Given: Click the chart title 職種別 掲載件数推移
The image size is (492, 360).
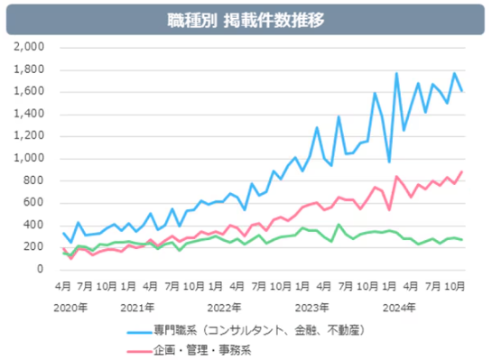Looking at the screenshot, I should (245, 19).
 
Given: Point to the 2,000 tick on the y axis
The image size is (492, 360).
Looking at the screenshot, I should (31, 47).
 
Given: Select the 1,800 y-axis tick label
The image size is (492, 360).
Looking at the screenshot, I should (31, 69).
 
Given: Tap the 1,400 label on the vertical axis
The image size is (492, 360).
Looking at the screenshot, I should (31, 114).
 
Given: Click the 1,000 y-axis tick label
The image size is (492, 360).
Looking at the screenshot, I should (31, 158).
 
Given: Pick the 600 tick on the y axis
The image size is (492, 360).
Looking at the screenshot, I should (36, 203).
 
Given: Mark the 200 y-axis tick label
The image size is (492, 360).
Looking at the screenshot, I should (36, 247).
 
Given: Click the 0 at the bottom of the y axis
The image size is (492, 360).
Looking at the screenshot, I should (42, 270).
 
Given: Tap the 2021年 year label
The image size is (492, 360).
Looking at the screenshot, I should (137, 307).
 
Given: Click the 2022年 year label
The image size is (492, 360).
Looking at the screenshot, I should (225, 307).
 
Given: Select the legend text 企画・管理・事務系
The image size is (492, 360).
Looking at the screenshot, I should (203, 349).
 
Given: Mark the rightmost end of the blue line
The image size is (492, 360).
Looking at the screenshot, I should (463, 91).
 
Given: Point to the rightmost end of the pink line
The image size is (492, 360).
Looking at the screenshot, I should (463, 171).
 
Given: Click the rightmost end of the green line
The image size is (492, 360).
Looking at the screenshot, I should (463, 240).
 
